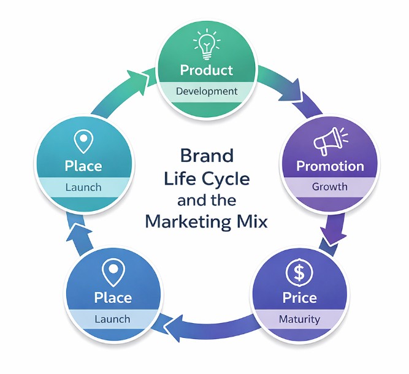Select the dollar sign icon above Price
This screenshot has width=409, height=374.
pos(300,272)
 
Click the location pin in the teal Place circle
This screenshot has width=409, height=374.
pos(83,141)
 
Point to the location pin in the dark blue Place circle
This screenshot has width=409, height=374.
pos(112,272)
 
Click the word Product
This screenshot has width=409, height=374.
pos(207,69)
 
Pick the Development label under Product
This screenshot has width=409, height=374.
pos(207,91)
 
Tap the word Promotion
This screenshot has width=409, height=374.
pos(330,166)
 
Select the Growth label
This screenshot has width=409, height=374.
pos(330,186)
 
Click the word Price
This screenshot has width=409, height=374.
pos(300,298)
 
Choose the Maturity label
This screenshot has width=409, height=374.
pos(300,319)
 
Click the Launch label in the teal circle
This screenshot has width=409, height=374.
pos(83,186)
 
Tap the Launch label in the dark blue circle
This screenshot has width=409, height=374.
pos(112,319)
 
